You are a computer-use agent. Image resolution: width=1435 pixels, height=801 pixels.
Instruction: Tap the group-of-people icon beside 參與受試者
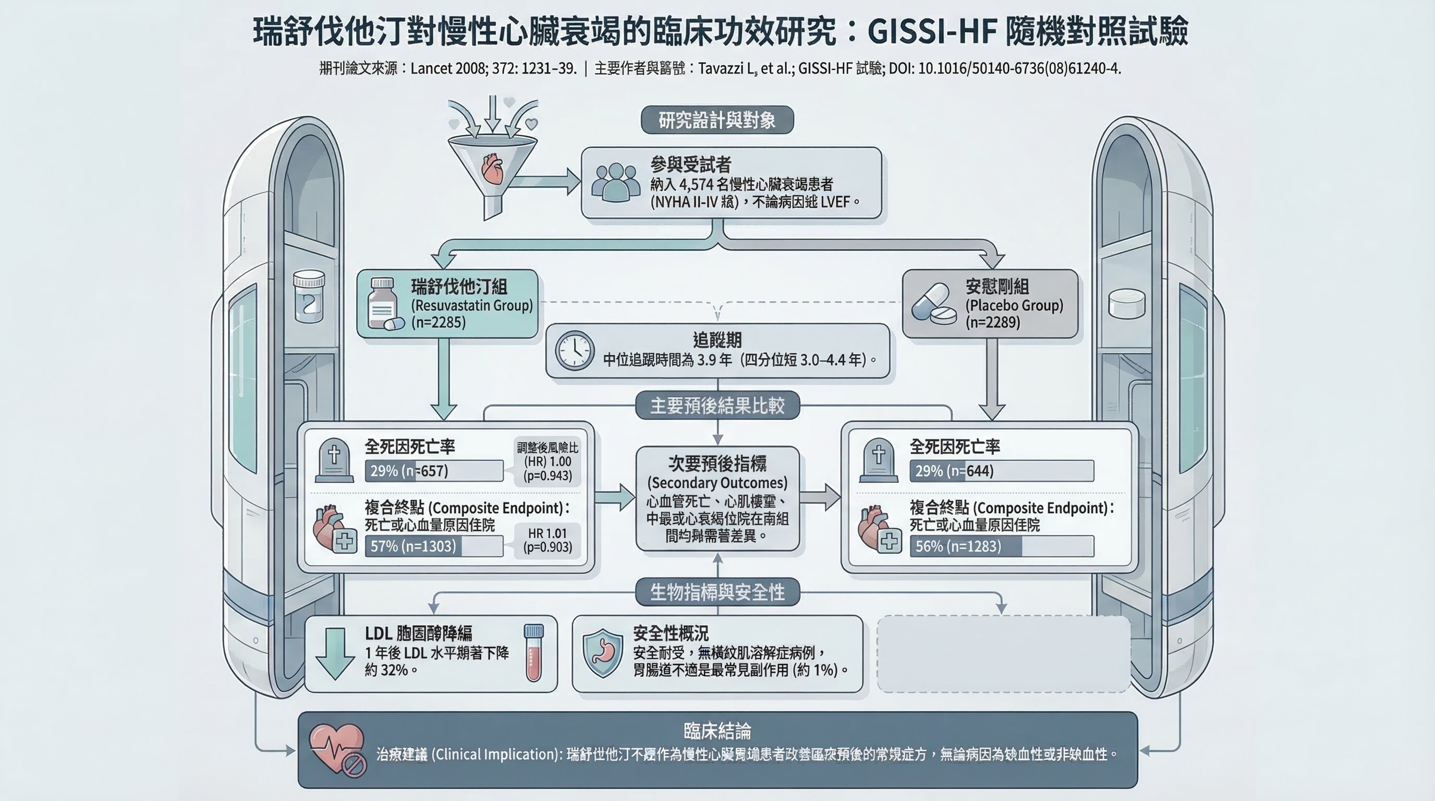point(615,182)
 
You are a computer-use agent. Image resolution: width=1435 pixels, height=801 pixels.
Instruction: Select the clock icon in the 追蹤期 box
point(574,351)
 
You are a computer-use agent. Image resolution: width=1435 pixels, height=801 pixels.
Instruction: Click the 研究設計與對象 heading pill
point(717,120)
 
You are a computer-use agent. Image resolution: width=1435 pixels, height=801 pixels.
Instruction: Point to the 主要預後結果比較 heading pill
point(717,406)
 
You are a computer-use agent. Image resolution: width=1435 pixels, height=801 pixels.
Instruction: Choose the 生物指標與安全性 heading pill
point(717,591)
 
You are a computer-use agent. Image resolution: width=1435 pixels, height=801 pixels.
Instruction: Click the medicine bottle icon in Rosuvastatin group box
point(384,304)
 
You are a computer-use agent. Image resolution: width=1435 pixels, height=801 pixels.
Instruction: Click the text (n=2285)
point(439,322)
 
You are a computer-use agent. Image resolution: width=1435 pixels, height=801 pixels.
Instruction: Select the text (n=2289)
point(993,322)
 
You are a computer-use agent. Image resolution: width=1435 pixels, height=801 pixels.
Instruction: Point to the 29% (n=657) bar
point(434,471)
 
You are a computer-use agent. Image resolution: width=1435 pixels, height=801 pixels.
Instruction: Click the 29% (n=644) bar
point(1001,471)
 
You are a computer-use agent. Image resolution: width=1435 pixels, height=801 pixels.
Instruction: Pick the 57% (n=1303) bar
point(434,546)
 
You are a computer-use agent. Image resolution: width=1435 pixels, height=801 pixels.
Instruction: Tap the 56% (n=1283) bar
point(1001,546)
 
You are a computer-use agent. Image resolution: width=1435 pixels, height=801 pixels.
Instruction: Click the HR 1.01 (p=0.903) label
point(547,540)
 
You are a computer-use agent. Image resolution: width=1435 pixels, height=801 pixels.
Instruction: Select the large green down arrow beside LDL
point(335,653)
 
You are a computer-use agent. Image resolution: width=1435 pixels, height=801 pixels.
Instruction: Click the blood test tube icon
point(533,653)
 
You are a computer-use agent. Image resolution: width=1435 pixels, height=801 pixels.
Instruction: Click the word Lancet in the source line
point(431,68)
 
